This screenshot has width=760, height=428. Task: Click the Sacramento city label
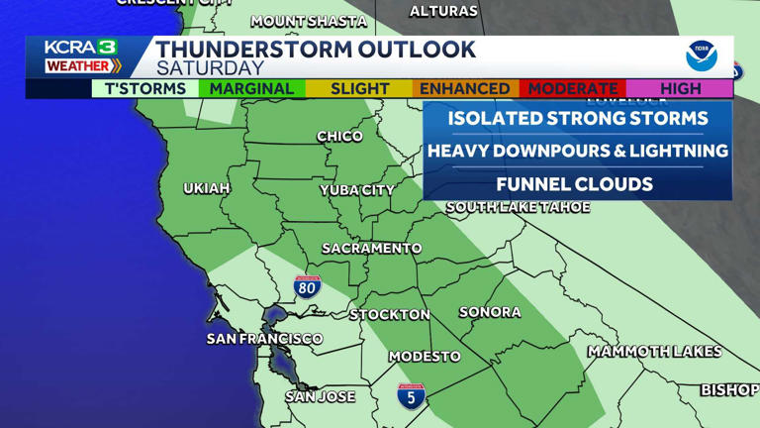[371, 248]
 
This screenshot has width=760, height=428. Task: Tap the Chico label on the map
[339, 136]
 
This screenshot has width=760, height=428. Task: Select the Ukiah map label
[207, 188]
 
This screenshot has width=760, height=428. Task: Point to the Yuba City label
[356, 190]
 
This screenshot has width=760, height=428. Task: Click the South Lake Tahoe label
[518, 207]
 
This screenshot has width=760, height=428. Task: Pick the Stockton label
[390, 314]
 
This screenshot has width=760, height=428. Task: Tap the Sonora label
[490, 312]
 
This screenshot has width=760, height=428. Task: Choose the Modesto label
[425, 356]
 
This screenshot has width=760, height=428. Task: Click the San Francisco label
[264, 339]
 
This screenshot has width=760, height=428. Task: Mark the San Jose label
[320, 396]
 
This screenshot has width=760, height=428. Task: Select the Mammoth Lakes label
[654, 352]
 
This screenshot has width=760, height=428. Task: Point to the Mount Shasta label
[308, 21]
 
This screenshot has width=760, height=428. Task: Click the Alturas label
[443, 11]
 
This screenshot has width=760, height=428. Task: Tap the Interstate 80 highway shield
[307, 287]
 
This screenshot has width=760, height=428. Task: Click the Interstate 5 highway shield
[412, 396]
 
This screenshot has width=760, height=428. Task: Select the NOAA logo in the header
[702, 56]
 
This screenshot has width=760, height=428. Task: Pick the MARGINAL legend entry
[251, 88]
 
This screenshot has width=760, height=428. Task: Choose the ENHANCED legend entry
[465, 88]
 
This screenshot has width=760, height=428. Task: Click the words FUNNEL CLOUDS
[574, 184]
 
